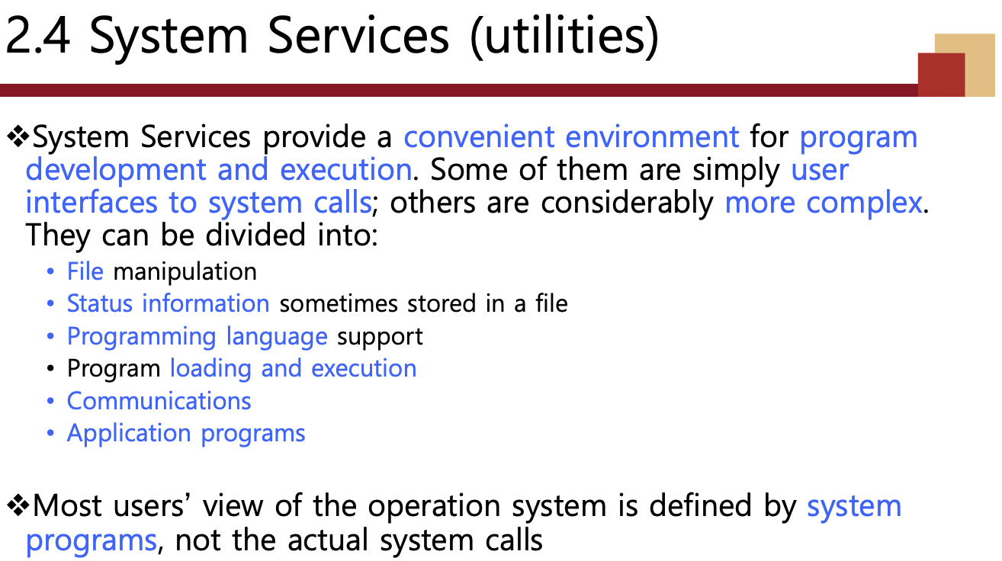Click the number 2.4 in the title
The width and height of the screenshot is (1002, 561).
pyautogui.click(x=37, y=36)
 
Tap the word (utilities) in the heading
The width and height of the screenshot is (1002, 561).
pyautogui.click(x=565, y=37)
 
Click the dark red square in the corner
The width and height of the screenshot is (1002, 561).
pyautogui.click(x=941, y=75)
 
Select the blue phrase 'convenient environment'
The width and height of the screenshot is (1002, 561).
pyautogui.click(x=571, y=136)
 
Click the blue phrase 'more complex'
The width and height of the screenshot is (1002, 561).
pyautogui.click(x=823, y=203)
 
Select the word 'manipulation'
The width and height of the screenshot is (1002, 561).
pyautogui.click(x=185, y=272)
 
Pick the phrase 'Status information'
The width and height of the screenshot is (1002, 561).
pyautogui.click(x=169, y=303)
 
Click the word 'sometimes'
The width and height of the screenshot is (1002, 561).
pyautogui.click(x=339, y=303)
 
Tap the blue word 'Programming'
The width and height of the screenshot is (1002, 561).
pyautogui.click(x=142, y=337)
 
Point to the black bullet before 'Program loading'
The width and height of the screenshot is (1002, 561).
pyautogui.click(x=50, y=369)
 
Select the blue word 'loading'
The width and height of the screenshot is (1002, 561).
pyautogui.click(x=210, y=369)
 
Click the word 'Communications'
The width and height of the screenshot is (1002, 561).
pyautogui.click(x=159, y=400)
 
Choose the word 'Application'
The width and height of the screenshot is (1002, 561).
pyautogui.click(x=130, y=434)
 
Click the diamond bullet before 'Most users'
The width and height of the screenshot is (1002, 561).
pyautogui.click(x=18, y=505)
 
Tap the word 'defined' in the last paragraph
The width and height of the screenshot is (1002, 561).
pyautogui.click(x=700, y=505)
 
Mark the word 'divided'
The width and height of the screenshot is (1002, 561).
pyautogui.click(x=255, y=235)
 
